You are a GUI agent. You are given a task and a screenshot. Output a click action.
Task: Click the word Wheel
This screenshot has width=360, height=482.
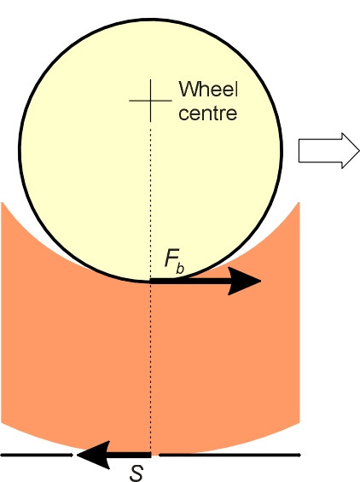coord(208,89)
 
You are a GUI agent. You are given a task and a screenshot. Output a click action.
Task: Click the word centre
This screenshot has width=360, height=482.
coord(208,113)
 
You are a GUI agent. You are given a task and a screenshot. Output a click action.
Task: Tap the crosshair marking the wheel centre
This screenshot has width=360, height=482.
coord(150,100)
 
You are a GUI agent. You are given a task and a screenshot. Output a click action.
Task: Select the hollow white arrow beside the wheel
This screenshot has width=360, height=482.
coord(328,151)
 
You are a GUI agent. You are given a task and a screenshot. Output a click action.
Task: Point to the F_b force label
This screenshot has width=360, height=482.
coord(174,262)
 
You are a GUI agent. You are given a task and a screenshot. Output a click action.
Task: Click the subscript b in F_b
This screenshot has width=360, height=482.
coord(180,267)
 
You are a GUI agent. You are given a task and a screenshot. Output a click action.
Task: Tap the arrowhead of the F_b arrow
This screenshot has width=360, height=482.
coord(244,281)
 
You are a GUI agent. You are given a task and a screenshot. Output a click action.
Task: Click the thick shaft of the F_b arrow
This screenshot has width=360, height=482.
coord(189,281)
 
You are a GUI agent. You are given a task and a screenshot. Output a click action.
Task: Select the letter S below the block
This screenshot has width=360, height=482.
coord(136,473)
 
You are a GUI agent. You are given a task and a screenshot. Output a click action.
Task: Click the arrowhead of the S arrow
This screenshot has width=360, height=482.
coord(93,455)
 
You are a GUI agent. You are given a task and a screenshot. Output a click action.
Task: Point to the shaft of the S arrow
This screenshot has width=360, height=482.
coord(130,455)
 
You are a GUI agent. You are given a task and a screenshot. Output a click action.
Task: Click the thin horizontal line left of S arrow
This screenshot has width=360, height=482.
coord(37,455)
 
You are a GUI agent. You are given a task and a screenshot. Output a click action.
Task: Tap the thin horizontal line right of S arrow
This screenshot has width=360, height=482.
coord(229,455)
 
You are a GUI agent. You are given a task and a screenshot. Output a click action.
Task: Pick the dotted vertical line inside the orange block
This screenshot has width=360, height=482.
coord(150,368)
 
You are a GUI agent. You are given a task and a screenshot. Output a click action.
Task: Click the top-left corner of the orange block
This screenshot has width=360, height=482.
coord(2,202)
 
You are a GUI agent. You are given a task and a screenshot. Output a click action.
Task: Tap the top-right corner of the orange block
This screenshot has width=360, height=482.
coord(299,202)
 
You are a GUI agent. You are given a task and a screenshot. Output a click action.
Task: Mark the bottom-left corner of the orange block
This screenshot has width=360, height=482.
coord(2,423)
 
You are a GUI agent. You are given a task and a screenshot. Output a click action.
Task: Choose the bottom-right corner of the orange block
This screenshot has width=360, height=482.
coord(299,423)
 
